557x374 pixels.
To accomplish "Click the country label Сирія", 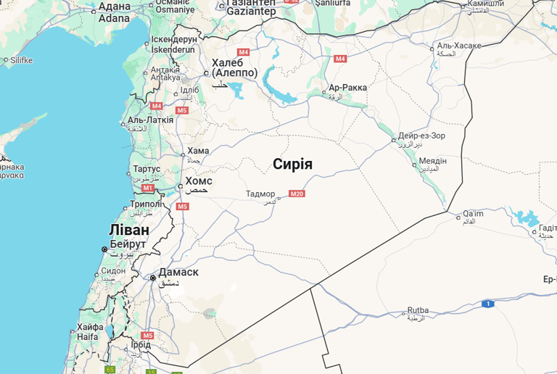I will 293,164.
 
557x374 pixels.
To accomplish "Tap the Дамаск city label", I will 178,272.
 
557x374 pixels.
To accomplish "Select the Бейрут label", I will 128,244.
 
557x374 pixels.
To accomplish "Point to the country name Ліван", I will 129,230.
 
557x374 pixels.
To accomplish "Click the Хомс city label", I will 199,180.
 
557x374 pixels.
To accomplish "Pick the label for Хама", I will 198,151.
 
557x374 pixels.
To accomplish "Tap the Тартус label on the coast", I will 147,169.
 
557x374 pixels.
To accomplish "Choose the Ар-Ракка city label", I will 347,88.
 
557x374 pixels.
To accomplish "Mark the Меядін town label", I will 433,160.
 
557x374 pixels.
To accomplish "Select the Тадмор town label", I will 261,194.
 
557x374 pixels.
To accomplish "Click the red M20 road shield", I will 297,194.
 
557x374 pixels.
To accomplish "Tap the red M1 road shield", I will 148,188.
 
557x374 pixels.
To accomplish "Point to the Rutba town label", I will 418,310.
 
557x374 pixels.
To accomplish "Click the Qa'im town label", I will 473,213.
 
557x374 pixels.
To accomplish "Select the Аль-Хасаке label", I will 459,46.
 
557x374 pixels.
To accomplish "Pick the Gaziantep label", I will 251,11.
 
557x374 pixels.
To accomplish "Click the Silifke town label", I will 22,60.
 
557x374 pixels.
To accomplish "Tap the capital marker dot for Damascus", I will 153,278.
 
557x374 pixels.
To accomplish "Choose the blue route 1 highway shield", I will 489,304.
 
